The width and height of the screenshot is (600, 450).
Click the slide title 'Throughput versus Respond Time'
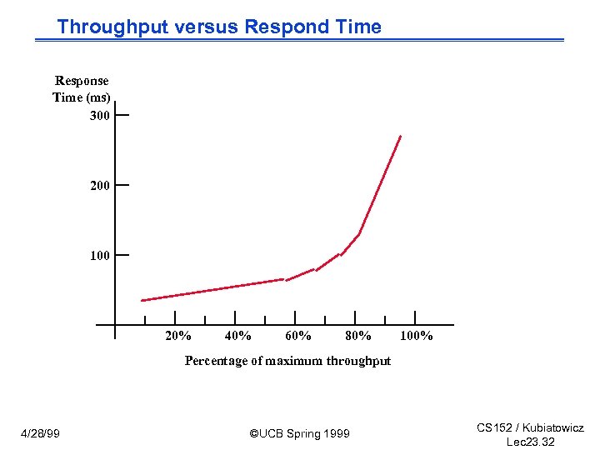coord(219,27)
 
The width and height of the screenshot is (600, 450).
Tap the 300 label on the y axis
coord(99,115)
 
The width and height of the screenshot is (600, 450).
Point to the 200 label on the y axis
coord(99,186)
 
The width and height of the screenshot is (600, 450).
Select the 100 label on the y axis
coord(99,256)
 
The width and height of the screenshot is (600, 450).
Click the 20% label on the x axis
coord(178,336)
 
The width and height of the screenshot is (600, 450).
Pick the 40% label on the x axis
coord(238,336)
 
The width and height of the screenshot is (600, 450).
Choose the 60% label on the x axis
coord(298,336)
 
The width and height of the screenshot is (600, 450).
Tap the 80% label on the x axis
coord(358,336)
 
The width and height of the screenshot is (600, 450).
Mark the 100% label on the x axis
coord(417,336)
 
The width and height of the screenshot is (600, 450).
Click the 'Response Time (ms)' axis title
coord(82,89)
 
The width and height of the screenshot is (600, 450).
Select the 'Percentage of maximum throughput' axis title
coord(287,361)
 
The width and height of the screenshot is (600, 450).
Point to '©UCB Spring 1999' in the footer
coord(300,433)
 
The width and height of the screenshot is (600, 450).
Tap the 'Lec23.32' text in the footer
coord(530,442)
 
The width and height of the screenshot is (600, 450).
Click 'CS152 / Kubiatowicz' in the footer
coord(530,427)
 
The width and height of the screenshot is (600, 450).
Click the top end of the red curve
coord(400,137)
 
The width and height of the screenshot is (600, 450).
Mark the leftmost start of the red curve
coord(142,300)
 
